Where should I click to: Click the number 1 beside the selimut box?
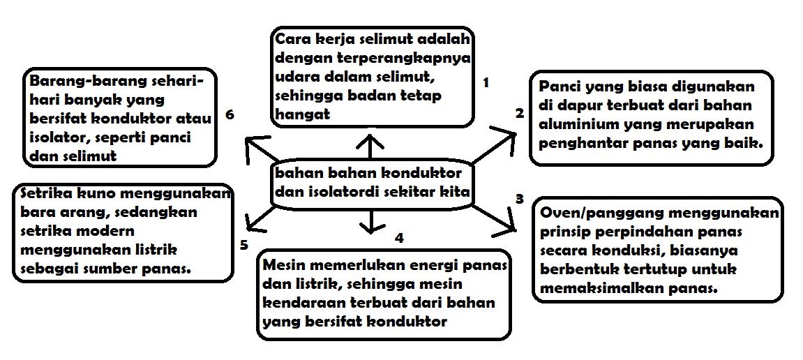[486, 83]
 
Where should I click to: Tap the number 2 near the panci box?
[519, 113]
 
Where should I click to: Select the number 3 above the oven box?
[519, 199]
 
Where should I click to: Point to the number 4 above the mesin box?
[399, 238]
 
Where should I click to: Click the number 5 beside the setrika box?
[243, 244]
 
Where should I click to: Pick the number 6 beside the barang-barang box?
[230, 114]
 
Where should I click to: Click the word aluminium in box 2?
[571, 124]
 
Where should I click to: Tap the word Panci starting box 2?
[558, 87]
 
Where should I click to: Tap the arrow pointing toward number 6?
[262, 150]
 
